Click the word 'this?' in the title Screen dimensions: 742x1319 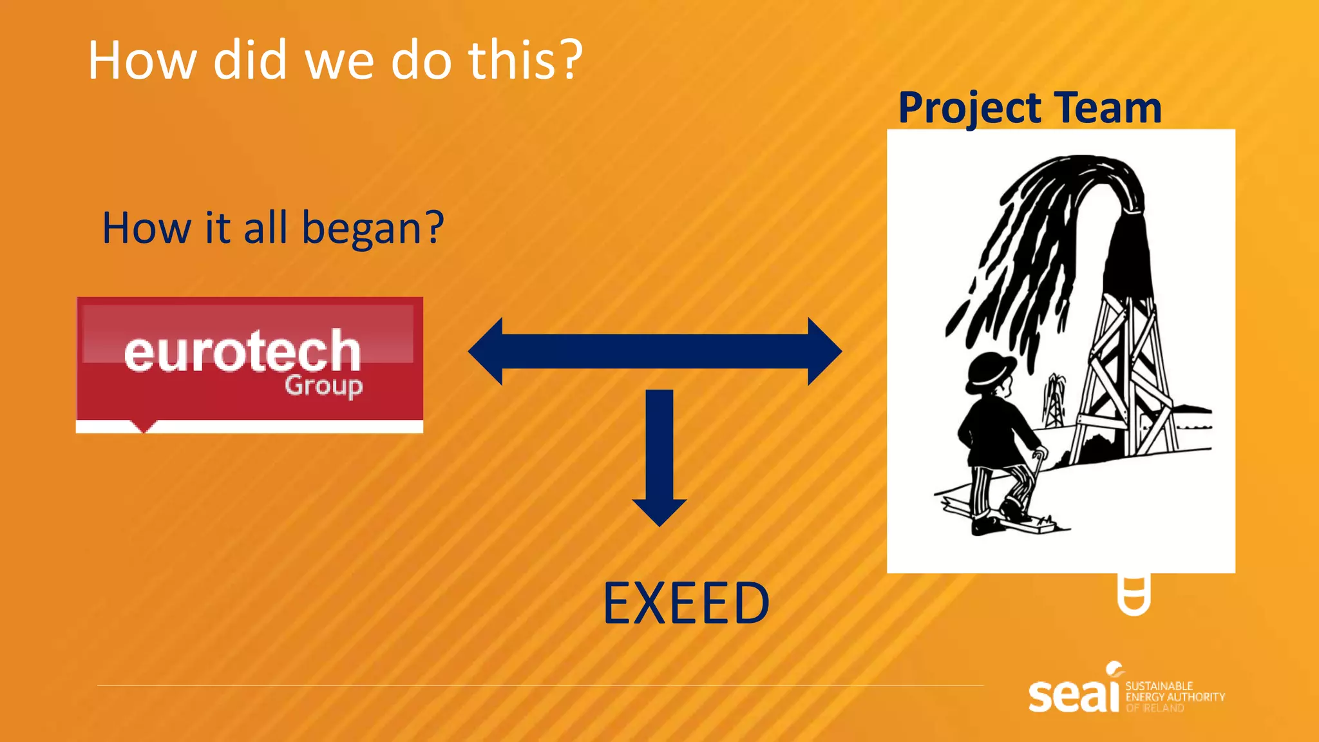[525, 60]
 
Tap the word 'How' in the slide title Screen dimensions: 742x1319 [142, 60]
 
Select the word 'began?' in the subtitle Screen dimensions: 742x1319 [373, 229]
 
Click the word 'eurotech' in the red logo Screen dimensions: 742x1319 [242, 352]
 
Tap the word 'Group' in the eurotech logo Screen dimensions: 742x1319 [324, 386]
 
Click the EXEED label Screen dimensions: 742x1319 [686, 604]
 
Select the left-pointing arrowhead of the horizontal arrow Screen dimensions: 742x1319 [486, 351]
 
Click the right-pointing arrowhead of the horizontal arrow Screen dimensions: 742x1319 [824, 351]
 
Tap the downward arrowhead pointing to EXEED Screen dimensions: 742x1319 [659, 512]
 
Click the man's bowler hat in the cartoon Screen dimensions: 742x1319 [991, 369]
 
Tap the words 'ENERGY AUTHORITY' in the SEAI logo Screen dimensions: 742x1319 [1175, 697]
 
